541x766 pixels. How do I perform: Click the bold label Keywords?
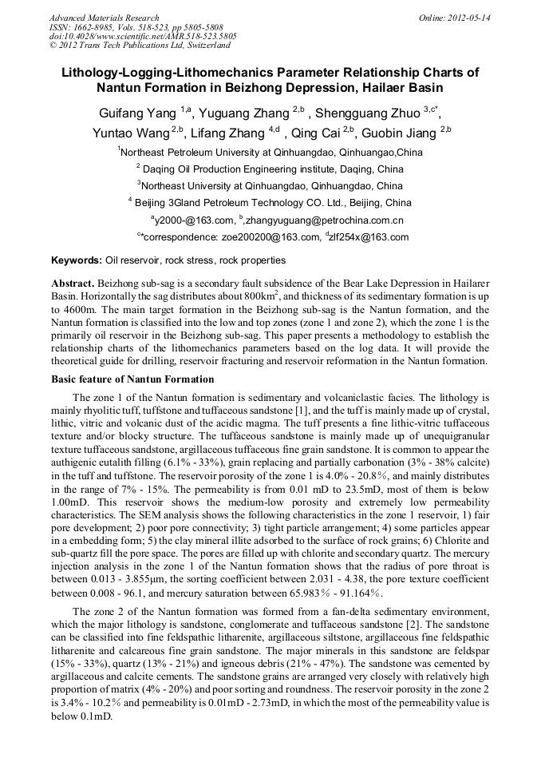point(77,260)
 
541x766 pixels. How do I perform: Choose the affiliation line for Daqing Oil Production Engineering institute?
point(271,169)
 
